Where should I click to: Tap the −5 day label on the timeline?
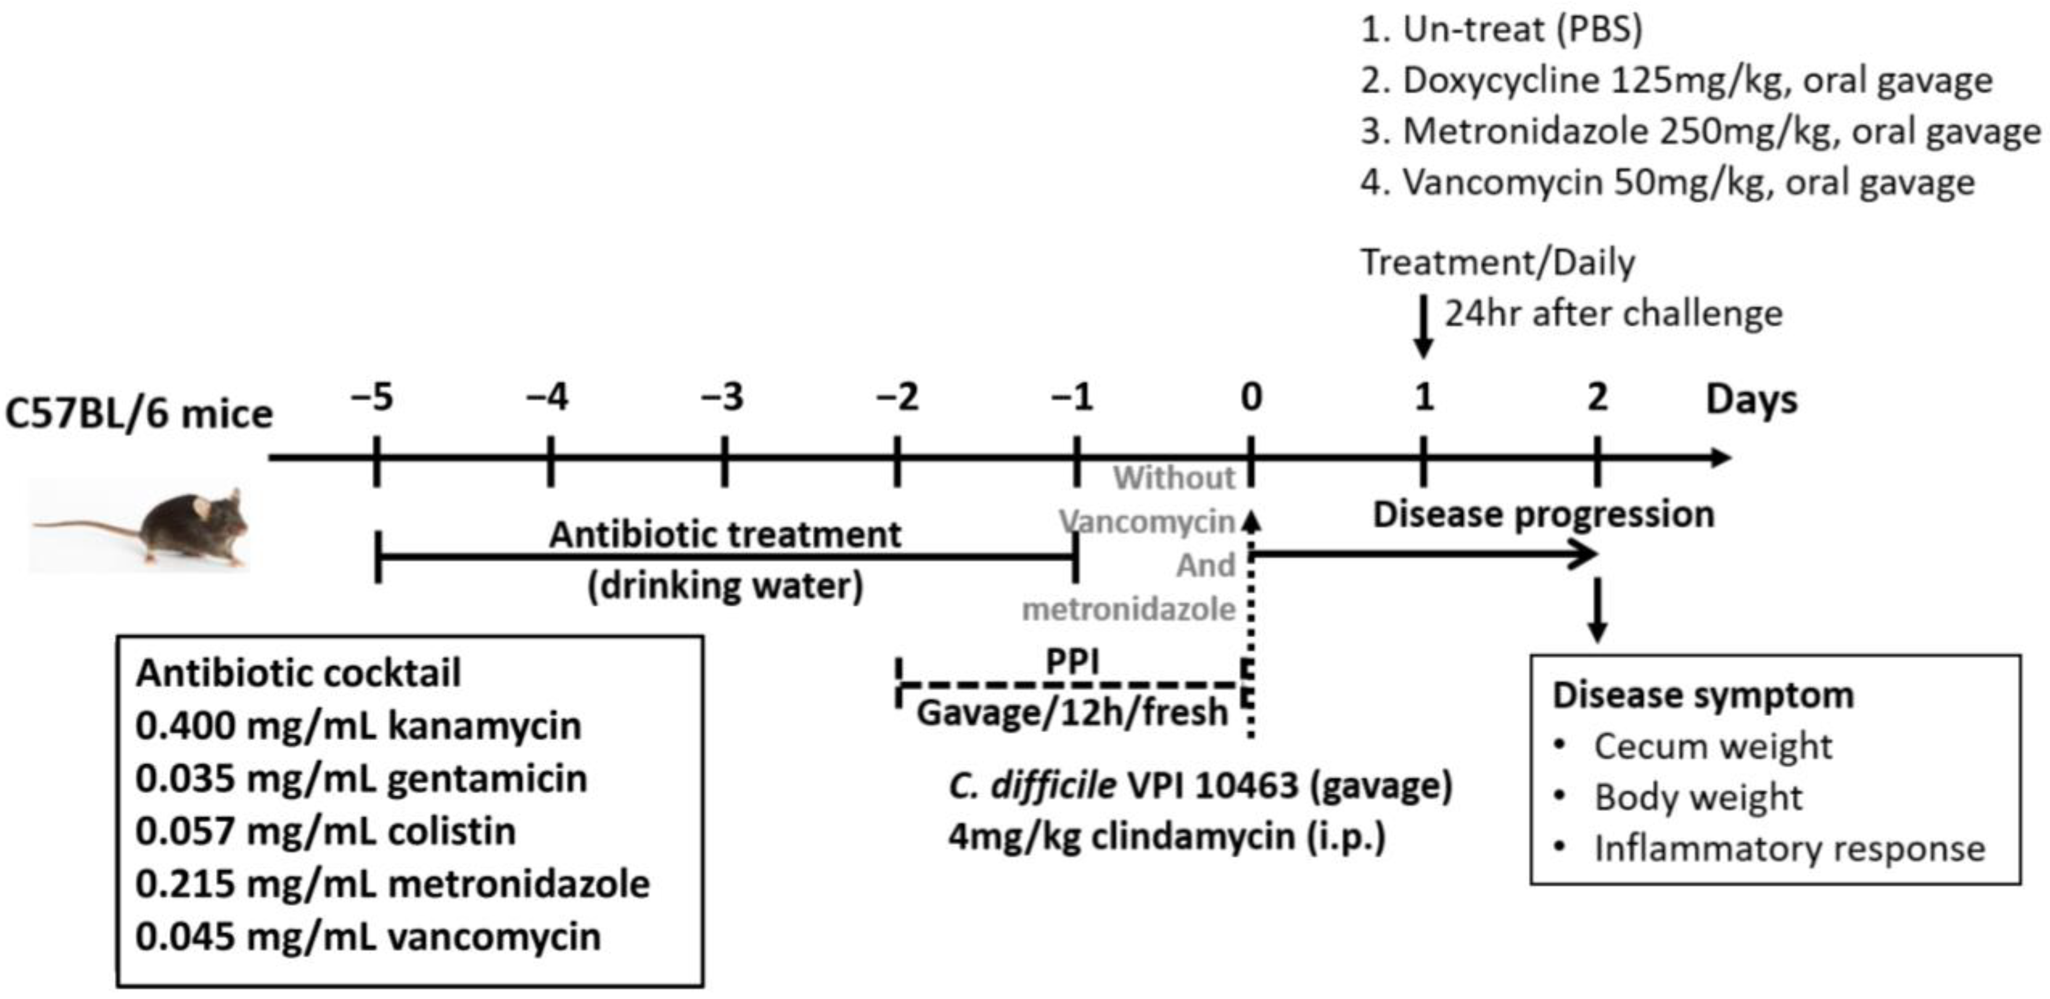(x=373, y=397)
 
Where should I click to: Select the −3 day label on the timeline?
(x=723, y=397)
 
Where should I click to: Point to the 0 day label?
(x=1251, y=397)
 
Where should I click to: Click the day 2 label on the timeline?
(x=1597, y=397)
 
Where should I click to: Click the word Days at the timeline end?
(x=1751, y=400)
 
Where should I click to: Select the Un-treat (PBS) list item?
(x=1501, y=30)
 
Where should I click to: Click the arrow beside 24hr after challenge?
(x=1424, y=326)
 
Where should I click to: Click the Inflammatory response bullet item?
(x=1789, y=848)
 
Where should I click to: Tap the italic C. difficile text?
(x=1032, y=786)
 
